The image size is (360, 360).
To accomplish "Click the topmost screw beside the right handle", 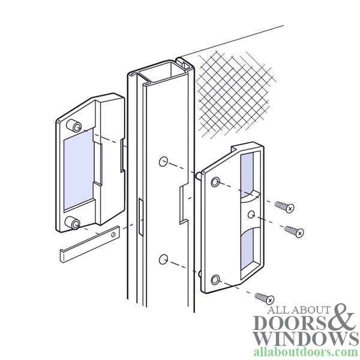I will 284,207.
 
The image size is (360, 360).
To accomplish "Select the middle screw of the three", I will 292,230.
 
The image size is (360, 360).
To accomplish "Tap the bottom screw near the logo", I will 265,298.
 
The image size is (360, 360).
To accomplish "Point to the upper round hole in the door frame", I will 163,162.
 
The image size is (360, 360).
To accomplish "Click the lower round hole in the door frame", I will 163,259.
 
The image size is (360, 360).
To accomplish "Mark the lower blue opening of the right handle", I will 247,252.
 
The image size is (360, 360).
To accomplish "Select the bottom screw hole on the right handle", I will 215,279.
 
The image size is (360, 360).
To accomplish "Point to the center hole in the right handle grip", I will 250,214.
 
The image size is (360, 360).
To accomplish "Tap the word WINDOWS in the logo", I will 304,339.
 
